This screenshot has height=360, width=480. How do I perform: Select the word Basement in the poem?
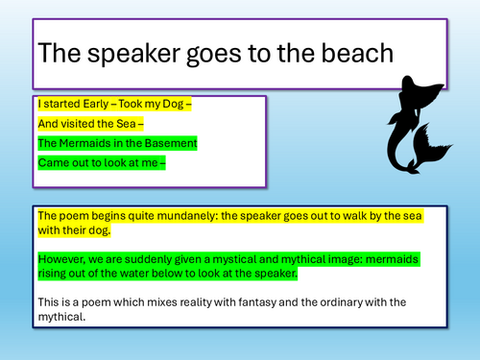(165, 144)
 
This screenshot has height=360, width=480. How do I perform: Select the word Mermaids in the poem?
(85, 144)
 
